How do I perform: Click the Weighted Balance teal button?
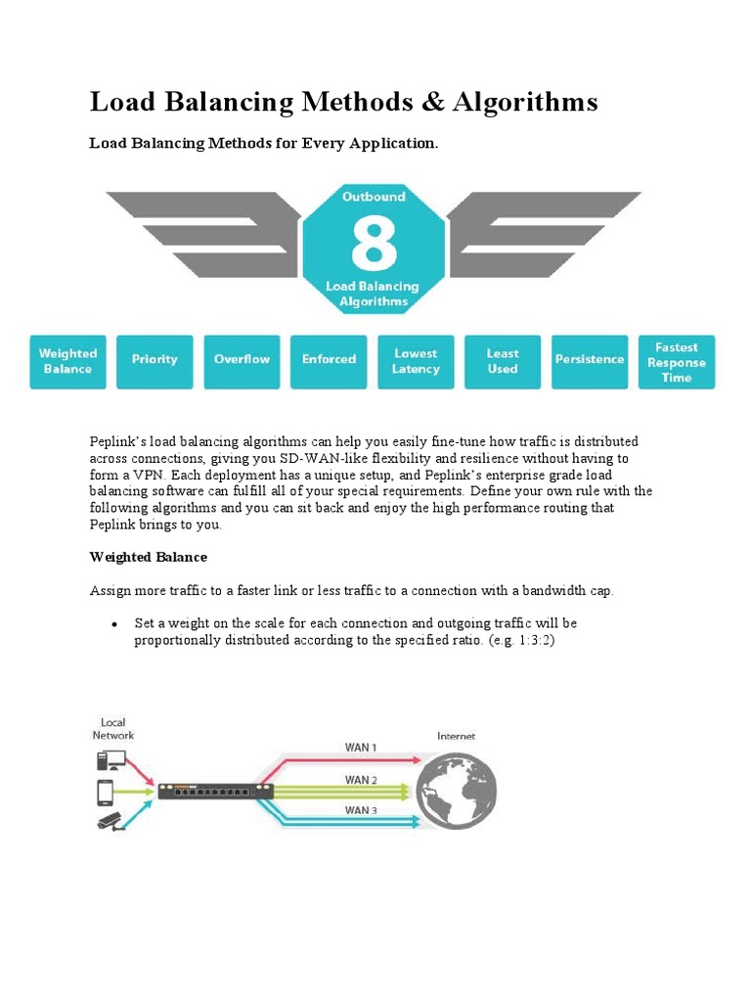[67, 361]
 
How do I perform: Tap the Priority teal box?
[155, 360]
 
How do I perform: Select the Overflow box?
[242, 360]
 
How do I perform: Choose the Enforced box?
[329, 360]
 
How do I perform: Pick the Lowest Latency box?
[416, 361]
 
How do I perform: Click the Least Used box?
[503, 361]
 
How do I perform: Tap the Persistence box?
[590, 360]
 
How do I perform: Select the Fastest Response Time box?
[676, 362]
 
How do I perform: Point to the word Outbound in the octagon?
[374, 197]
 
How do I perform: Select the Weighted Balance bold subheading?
[149, 557]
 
